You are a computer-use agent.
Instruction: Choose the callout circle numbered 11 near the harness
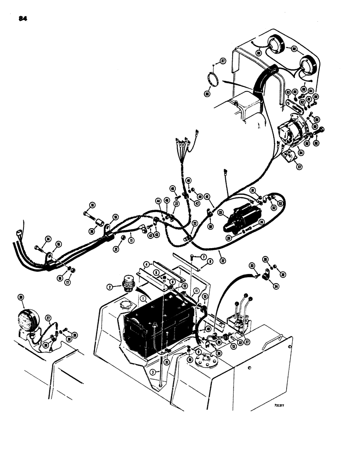[132, 241]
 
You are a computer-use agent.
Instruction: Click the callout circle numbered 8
[210, 262]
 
